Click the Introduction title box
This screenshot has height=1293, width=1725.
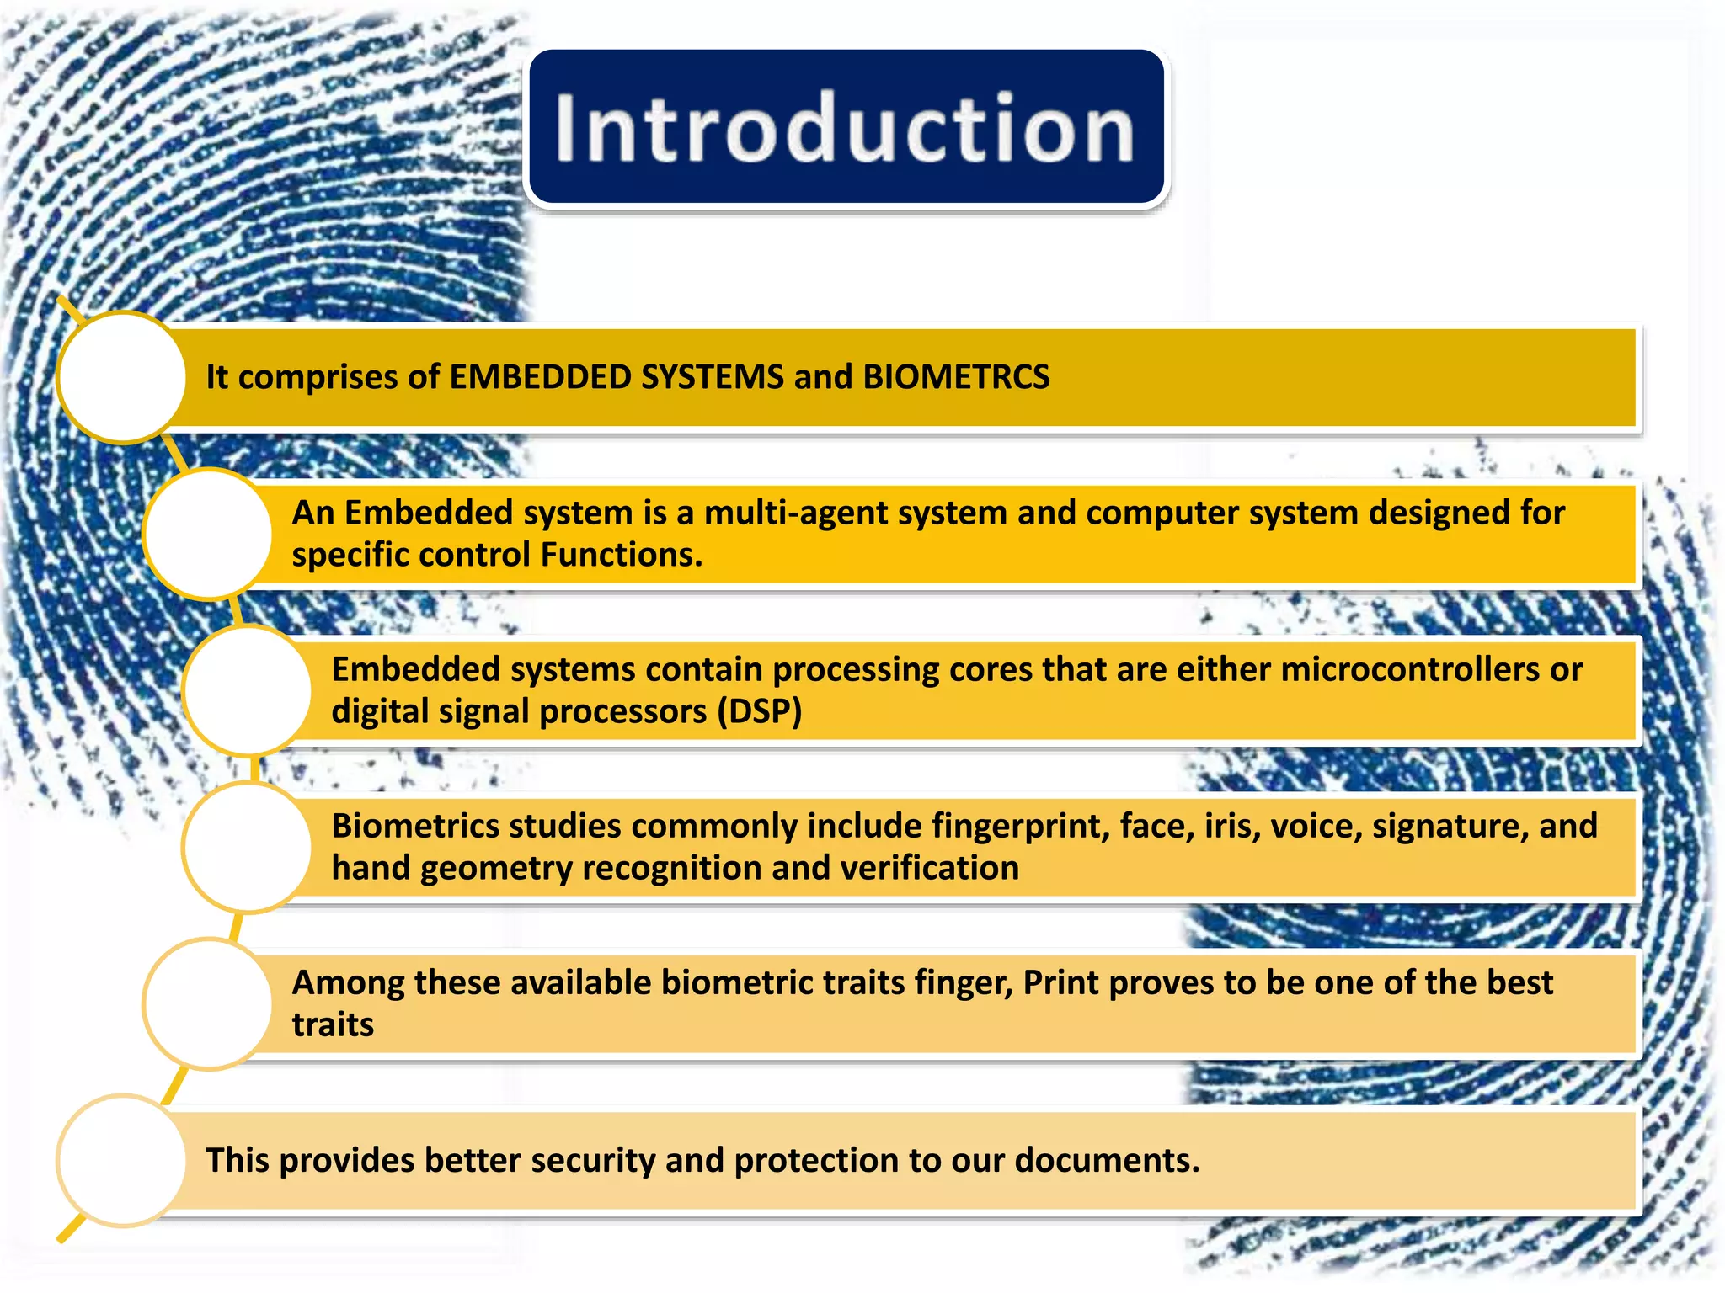tap(846, 127)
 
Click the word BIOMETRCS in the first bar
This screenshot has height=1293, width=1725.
tap(956, 377)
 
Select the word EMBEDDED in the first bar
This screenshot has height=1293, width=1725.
tap(540, 377)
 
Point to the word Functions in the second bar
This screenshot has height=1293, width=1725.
tap(621, 555)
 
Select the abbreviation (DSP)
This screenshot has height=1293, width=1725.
tap(759, 712)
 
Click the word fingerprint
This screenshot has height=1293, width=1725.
tap(1020, 826)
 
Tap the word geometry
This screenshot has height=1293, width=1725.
tap(496, 869)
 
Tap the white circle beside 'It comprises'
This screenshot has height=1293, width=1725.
tap(123, 377)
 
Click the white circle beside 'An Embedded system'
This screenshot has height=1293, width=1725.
tap(208, 534)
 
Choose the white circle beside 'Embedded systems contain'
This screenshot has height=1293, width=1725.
tap(248, 690)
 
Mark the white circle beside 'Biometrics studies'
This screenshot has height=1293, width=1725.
tap(248, 847)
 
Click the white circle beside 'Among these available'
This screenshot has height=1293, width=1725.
tap(208, 1003)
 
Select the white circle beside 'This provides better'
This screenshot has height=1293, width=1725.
tap(123, 1160)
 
